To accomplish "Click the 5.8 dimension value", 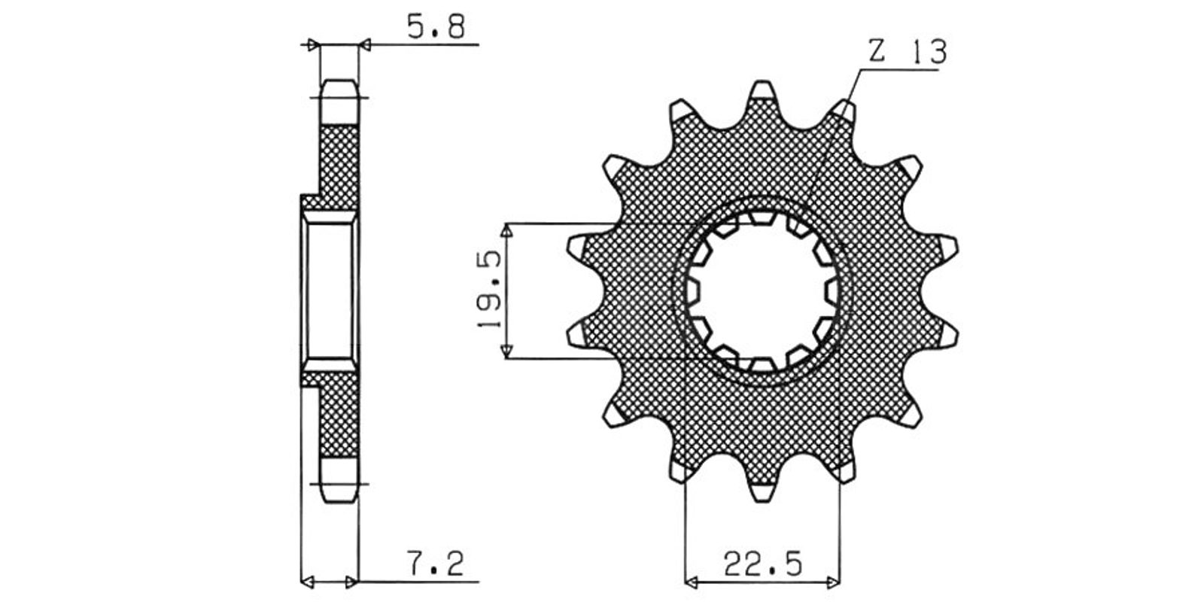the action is (x=436, y=27).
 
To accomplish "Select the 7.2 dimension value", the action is (x=436, y=563).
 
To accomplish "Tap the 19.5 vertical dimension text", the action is (x=490, y=290).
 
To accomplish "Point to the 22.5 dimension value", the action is (x=762, y=564).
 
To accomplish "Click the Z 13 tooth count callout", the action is (x=908, y=53).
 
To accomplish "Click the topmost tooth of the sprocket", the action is (x=762, y=94).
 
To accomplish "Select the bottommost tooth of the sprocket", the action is (x=762, y=489).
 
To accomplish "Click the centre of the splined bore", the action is (x=762, y=291).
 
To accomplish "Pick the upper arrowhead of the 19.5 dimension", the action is (x=506, y=231).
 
